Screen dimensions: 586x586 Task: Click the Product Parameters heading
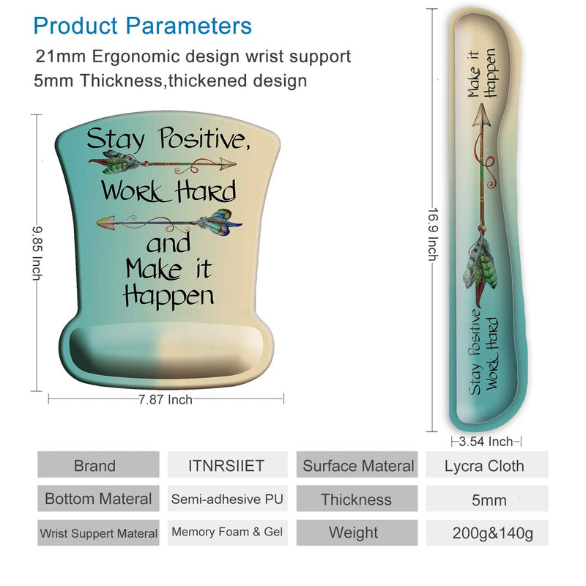point(142,26)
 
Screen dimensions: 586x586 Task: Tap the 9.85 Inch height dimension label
point(37,253)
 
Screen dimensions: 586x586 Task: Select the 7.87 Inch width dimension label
point(166,399)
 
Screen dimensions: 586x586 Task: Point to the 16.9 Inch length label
point(433,234)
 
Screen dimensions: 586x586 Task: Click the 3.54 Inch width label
point(486,442)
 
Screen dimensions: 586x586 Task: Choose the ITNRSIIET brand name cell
point(226,466)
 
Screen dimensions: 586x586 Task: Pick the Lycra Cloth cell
point(486,466)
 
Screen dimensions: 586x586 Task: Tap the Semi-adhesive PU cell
point(227,499)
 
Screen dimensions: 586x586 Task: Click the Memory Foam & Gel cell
point(227,533)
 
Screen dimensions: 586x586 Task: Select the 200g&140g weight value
point(492,533)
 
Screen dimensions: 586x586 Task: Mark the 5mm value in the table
point(489,500)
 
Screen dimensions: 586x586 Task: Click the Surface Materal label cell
point(357,466)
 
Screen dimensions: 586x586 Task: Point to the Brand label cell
point(98,466)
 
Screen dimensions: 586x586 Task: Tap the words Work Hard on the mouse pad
point(169,190)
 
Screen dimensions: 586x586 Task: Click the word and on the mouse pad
point(168,243)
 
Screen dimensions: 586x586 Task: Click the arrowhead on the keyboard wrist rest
point(482,115)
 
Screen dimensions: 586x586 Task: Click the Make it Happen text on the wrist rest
point(483,74)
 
